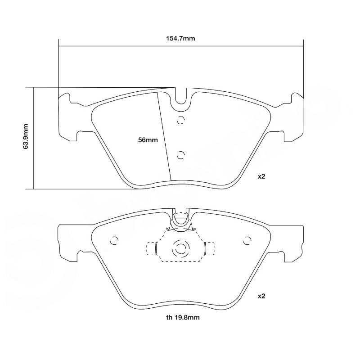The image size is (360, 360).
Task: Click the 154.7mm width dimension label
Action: click(180, 38)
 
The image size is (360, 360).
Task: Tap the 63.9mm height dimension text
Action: click(26, 136)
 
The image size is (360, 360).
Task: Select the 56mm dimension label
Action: click(148, 140)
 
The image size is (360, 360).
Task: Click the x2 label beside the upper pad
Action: click(261, 176)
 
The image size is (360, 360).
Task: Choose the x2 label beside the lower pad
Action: click(261, 296)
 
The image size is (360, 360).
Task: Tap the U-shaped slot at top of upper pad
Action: click(181, 97)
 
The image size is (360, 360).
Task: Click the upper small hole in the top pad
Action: click(181, 120)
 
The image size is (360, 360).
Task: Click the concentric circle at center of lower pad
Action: click(181, 248)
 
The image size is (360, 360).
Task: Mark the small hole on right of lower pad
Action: click(246, 241)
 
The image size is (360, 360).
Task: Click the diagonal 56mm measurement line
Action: click(164, 135)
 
